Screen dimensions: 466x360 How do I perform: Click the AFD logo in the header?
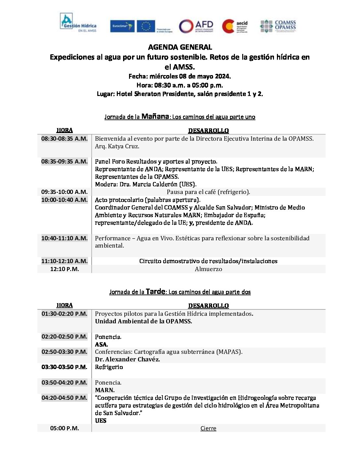tap(196, 26)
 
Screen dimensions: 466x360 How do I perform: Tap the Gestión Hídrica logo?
tap(78, 23)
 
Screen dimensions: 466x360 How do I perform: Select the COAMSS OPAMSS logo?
tap(278, 25)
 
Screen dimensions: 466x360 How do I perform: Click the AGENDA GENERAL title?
tap(180, 47)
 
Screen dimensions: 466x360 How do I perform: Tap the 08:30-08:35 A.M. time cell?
tap(65, 139)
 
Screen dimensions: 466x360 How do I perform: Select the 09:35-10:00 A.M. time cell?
tap(65, 192)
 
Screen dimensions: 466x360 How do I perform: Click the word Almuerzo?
tap(208, 269)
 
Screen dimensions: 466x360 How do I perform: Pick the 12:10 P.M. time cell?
tap(65, 269)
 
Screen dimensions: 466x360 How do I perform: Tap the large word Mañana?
tap(155, 116)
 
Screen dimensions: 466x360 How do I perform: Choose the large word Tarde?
tap(155, 292)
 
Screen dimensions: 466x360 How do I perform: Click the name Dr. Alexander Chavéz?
tap(127, 359)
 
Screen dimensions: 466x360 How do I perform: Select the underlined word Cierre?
tap(208, 428)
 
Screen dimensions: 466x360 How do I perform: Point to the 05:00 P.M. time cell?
tap(65, 428)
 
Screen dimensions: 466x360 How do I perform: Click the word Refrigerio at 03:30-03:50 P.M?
tap(109, 367)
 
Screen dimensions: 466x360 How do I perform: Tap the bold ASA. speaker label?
tap(101, 344)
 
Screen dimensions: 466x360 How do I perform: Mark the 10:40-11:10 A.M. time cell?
tap(65, 238)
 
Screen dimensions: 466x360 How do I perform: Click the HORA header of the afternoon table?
tap(65, 305)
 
